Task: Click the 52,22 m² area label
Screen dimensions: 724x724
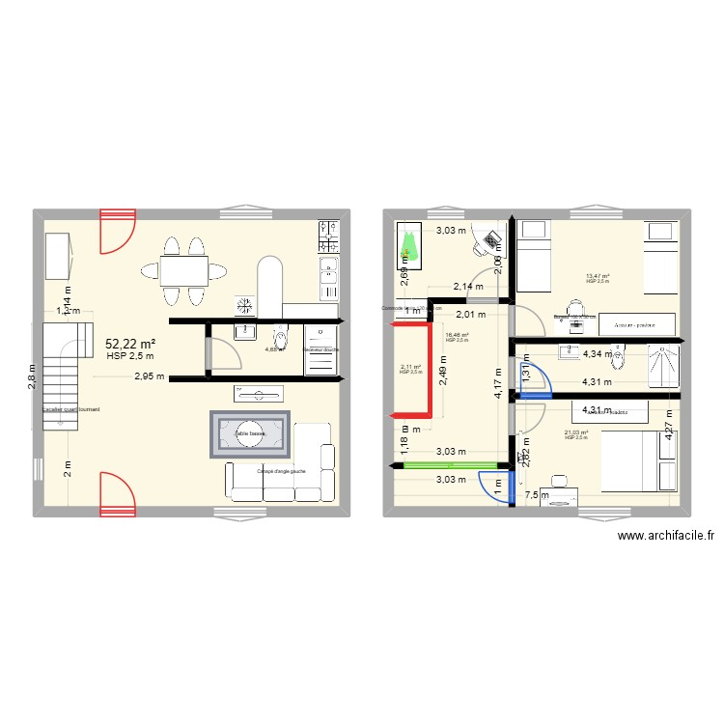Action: (x=129, y=343)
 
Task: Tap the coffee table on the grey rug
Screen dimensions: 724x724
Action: (x=251, y=433)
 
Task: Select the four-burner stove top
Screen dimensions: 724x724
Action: (x=329, y=233)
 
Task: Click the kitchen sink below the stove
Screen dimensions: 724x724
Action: (x=329, y=265)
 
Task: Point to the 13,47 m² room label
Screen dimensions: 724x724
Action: (x=598, y=276)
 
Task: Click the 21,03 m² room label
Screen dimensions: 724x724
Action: (x=576, y=433)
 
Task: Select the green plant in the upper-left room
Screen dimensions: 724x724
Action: (x=409, y=248)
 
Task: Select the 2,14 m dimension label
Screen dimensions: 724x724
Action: (x=470, y=287)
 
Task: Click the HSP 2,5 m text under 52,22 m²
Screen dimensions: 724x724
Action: (x=129, y=356)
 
